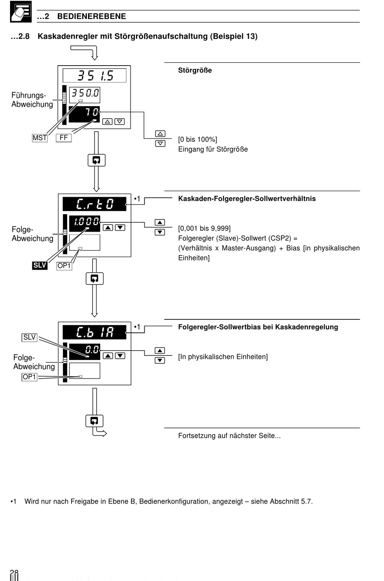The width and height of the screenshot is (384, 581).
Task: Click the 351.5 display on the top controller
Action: click(95, 75)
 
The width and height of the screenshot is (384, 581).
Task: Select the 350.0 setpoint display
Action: click(84, 95)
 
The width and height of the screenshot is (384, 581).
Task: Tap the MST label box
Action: click(40, 138)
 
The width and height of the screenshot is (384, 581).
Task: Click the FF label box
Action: click(64, 138)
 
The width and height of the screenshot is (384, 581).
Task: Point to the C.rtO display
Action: click(95, 204)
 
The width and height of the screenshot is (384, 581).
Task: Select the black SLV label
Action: click(40, 265)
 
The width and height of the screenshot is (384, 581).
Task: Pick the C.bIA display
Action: click(95, 332)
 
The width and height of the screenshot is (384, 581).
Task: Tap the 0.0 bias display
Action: click(84, 351)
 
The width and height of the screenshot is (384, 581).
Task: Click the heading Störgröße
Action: click(195, 70)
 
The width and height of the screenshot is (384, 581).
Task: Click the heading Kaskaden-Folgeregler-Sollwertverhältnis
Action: click(247, 199)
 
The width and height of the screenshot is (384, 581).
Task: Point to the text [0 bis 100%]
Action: click(198, 140)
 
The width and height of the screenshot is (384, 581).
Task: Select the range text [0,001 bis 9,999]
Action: click(204, 228)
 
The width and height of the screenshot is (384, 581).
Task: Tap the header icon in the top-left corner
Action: click(21, 12)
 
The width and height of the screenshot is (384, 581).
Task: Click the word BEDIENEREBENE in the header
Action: click(92, 16)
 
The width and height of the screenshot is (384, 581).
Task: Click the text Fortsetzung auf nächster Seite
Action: click(230, 436)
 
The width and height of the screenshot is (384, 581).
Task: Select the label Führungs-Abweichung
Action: click(32, 100)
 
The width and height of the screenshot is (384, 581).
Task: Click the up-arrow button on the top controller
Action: click(107, 121)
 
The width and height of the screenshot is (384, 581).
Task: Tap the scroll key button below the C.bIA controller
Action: click(94, 421)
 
